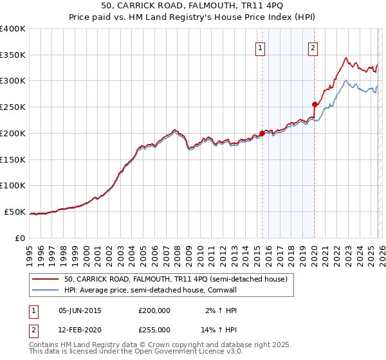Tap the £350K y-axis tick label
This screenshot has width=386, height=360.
pos(13,55)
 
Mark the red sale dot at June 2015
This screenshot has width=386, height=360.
pos(262,133)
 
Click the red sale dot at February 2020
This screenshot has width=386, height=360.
pos(315,104)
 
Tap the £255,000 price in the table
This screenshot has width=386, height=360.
pos(154,330)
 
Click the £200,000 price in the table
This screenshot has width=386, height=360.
pos(154,310)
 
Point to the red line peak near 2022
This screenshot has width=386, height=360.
pos(346,57)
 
